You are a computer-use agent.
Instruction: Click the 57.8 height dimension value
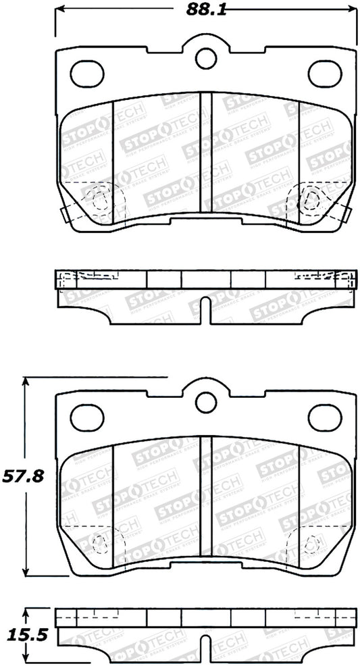[x=22, y=476]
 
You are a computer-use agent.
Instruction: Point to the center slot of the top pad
[x=207, y=153]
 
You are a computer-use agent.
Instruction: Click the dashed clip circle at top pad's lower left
[x=100, y=200]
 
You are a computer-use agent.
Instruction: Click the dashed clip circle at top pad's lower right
[x=311, y=199]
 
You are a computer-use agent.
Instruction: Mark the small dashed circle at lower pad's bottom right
[x=312, y=542]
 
